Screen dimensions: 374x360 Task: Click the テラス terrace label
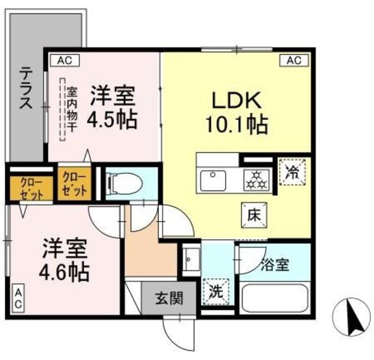click(26, 88)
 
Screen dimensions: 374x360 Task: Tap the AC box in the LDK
click(294, 60)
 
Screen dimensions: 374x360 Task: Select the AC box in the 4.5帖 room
click(65, 60)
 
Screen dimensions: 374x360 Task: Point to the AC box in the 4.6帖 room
click(18, 298)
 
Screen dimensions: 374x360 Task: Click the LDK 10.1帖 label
click(236, 113)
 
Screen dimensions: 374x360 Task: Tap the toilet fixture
click(124, 184)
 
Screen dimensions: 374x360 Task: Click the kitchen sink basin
click(213, 181)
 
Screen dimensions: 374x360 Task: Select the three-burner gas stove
click(257, 181)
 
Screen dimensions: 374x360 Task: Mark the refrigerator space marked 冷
click(292, 172)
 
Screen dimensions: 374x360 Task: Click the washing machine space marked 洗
click(216, 292)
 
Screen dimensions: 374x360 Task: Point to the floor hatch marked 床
click(254, 215)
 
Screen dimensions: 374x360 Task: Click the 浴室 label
click(275, 265)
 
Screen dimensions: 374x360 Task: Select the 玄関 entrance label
click(169, 298)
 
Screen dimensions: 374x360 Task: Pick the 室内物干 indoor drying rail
click(63, 109)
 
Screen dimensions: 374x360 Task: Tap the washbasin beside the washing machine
click(191, 259)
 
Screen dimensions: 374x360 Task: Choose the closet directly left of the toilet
click(74, 184)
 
